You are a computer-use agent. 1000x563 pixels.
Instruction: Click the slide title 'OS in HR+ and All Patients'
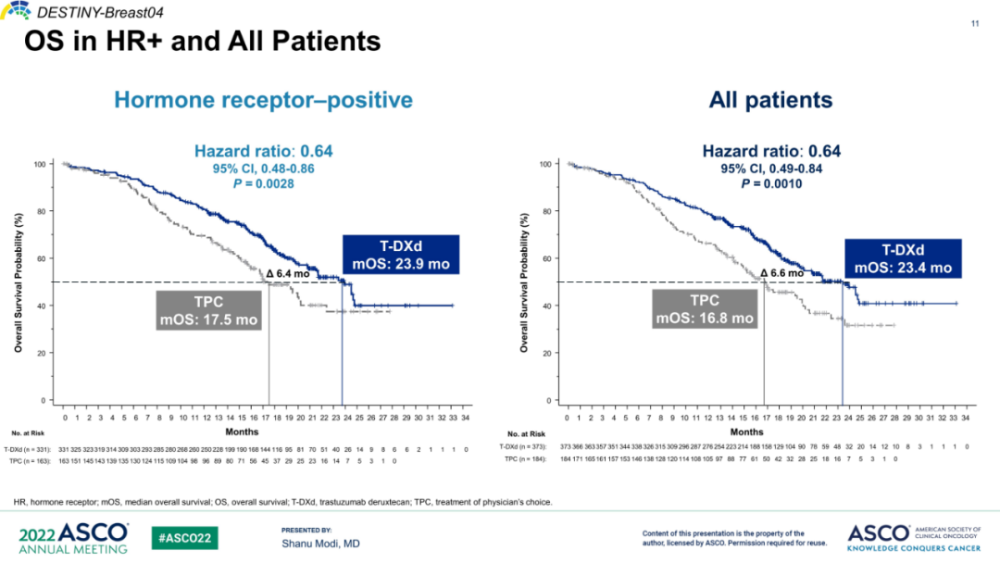click(x=202, y=42)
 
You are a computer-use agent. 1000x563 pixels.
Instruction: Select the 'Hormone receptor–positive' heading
click(x=263, y=100)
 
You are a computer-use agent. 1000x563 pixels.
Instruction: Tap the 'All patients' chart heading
click(x=770, y=100)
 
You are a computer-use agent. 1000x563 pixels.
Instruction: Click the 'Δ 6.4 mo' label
click(x=287, y=273)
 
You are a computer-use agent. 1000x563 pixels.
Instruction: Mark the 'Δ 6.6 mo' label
click(x=781, y=273)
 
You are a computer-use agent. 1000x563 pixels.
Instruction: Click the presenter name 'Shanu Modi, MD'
click(x=320, y=544)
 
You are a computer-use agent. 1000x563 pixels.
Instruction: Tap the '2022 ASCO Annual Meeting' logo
click(x=73, y=538)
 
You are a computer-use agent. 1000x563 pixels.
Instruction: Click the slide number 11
click(x=975, y=23)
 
